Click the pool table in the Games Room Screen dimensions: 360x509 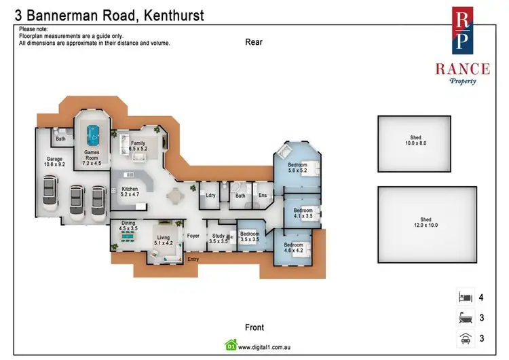[x=92, y=132]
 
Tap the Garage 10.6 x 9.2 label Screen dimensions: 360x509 [x=54, y=162]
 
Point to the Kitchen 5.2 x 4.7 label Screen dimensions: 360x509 [x=130, y=192]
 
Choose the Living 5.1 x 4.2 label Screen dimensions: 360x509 [x=164, y=240]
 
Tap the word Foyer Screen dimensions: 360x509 [x=193, y=236]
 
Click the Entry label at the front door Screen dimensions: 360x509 [x=193, y=259]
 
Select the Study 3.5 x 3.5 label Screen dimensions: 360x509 [x=219, y=238]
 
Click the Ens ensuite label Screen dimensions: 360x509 [x=263, y=196]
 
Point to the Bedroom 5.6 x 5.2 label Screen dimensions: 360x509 [x=297, y=168]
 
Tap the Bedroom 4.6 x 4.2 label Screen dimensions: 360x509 [x=293, y=247]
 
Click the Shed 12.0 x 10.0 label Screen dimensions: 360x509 [x=425, y=222]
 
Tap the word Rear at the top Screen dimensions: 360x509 [x=254, y=42]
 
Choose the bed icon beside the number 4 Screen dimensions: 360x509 [x=464, y=297]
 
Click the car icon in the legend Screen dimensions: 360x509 [x=464, y=338]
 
